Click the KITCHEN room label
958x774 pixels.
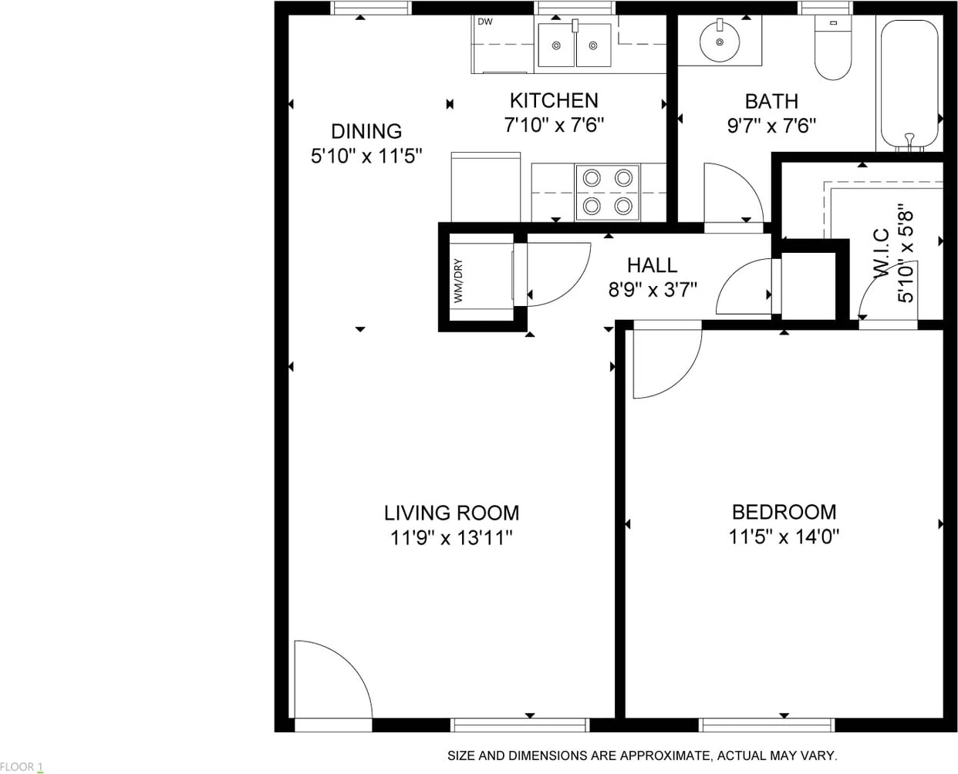coord(554,101)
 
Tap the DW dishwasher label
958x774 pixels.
coord(485,22)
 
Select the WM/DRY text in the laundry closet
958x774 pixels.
coord(458,281)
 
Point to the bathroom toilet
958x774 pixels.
coord(833,48)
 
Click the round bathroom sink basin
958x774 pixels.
coord(720,42)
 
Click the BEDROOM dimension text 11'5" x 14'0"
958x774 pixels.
coord(784,537)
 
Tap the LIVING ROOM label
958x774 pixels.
coord(451,513)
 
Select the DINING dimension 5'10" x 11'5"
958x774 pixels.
coord(366,156)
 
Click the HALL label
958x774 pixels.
coord(652,265)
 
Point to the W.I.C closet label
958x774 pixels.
coord(882,253)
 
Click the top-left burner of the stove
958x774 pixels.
coord(592,178)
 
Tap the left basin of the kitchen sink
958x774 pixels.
coord(556,45)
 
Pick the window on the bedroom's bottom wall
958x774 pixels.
coord(767,725)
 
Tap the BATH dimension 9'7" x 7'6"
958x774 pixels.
coord(771,126)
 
